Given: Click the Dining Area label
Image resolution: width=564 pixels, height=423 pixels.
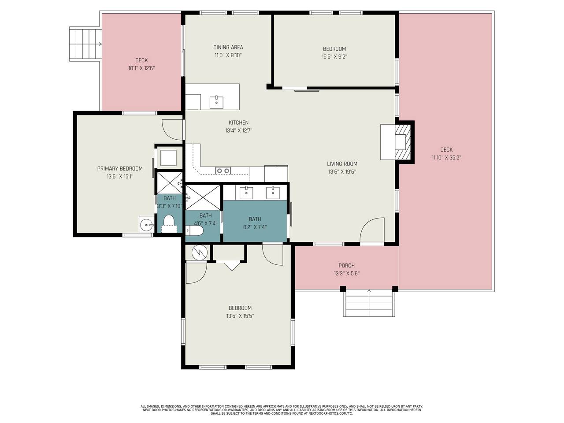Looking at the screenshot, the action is click(x=228, y=47).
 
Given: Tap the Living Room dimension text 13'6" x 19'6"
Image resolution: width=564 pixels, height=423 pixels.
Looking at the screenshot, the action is click(x=342, y=171).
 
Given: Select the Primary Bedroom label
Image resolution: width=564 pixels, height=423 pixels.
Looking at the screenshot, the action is click(x=120, y=168).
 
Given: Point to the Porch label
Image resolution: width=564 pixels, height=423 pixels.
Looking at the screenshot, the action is click(x=346, y=266).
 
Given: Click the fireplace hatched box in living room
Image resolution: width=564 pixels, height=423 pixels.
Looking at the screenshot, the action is click(x=402, y=142).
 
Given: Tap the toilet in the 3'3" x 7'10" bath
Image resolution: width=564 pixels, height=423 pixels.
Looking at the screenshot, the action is click(x=169, y=223).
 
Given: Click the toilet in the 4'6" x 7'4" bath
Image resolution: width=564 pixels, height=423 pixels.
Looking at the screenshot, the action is click(x=194, y=230).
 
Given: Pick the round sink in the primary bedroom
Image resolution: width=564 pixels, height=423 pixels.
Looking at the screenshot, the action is click(x=147, y=225).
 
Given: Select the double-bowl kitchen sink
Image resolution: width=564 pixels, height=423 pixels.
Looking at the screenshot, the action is click(x=223, y=170).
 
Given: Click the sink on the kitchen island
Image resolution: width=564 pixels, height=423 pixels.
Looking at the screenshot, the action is click(x=216, y=103).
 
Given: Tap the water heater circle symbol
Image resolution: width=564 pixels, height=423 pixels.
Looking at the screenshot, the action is click(x=200, y=253).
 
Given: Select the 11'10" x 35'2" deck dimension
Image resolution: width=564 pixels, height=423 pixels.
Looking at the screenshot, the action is click(x=446, y=157).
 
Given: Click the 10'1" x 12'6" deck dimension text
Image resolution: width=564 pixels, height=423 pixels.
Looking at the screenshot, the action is click(x=141, y=68).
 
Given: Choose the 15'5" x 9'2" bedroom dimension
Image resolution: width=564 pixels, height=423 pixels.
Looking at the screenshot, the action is click(x=334, y=56).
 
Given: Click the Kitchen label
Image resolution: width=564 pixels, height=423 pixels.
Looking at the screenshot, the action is click(x=238, y=122).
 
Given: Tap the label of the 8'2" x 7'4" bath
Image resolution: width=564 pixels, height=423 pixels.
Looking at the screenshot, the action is click(x=255, y=219).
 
